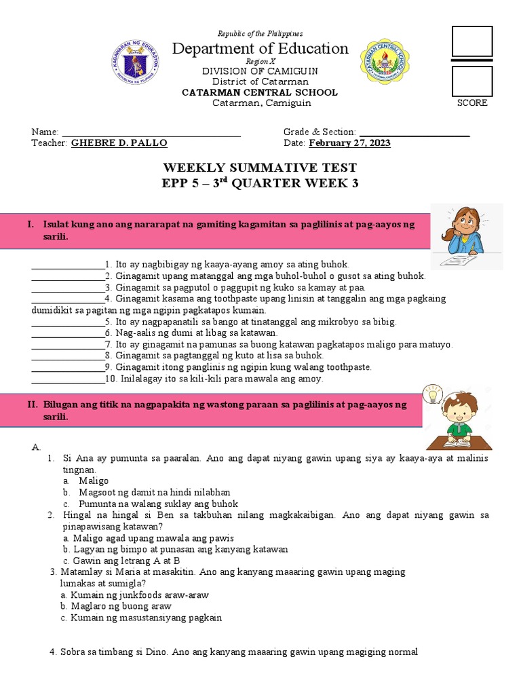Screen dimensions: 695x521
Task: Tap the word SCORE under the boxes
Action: tap(472, 103)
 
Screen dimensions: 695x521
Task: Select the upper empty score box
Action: tap(472, 41)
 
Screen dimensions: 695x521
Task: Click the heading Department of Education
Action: tap(260, 48)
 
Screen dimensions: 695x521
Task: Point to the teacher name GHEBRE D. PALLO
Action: tap(119, 143)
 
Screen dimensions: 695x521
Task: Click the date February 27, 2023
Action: tap(349, 143)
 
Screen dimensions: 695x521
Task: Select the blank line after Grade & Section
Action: tap(414, 132)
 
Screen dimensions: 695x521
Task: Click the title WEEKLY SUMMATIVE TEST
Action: tap(260, 168)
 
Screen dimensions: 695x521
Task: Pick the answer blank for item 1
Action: tap(68, 264)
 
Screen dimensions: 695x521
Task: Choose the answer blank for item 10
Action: tap(68, 379)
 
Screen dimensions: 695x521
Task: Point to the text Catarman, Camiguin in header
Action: tap(261, 103)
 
